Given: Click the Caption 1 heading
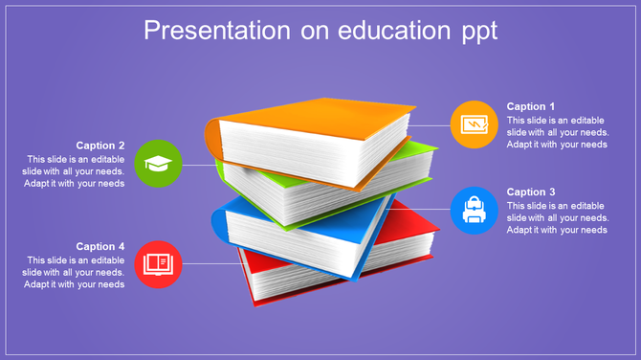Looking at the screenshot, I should [531, 106].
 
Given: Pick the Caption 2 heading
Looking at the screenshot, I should [100, 146].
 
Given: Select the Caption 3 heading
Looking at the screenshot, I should [531, 191].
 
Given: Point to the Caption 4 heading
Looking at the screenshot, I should [100, 246].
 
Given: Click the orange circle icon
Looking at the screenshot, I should [474, 124].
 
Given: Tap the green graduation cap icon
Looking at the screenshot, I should [159, 164].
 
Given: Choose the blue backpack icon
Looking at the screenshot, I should [474, 210].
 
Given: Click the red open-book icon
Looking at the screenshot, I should [159, 263].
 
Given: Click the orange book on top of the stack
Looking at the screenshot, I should [316, 119].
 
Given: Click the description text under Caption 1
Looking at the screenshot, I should [557, 132].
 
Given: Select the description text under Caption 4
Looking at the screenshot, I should [75, 272].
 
